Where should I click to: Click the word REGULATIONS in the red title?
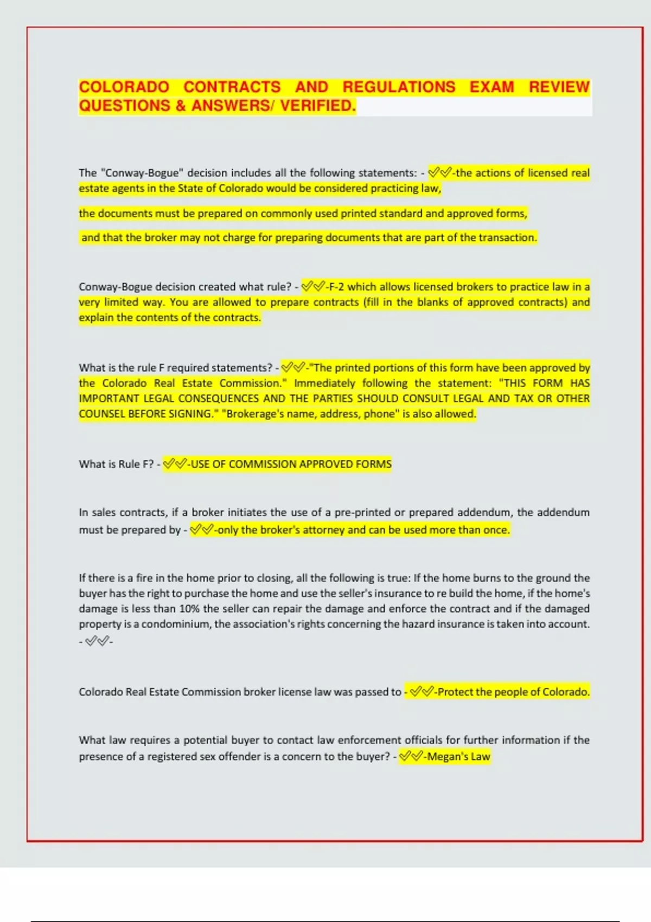399,87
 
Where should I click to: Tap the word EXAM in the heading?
492,87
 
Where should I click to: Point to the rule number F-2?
336,287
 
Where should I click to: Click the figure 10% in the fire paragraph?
189,609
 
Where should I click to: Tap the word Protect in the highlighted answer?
455,692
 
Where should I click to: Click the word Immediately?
324,383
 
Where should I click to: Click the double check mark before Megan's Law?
411,757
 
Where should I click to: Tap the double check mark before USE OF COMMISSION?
175,464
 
